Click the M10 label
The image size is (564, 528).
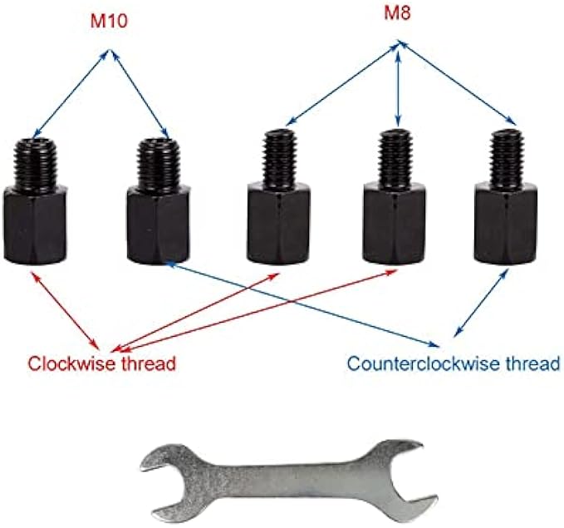(109, 19)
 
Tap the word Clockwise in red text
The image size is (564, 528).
(71, 363)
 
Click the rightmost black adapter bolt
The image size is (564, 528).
(505, 200)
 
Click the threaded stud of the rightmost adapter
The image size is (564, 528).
(505, 158)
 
